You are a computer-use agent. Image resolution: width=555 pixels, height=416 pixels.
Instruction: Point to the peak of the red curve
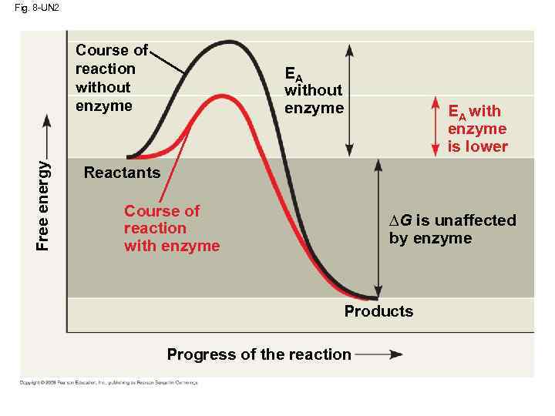pyautogui.click(x=222, y=96)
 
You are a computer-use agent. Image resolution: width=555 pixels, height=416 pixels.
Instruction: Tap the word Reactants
pyautogui.click(x=122, y=173)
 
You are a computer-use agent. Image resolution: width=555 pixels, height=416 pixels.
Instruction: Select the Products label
pyautogui.click(x=378, y=311)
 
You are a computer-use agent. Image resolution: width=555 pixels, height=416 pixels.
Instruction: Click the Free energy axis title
pyautogui.click(x=43, y=205)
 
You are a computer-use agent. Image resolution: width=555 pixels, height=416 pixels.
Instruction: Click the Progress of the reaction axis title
pyautogui.click(x=259, y=354)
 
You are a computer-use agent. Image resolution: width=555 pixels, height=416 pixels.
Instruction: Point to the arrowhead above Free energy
pyautogui.click(x=46, y=119)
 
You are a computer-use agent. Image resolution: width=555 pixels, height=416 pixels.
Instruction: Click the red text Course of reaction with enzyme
pyautogui.click(x=171, y=228)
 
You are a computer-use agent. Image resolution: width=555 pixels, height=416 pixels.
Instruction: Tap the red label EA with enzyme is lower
pyautogui.click(x=477, y=129)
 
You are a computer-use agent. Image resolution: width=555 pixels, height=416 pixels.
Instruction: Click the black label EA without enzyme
pyautogui.click(x=313, y=91)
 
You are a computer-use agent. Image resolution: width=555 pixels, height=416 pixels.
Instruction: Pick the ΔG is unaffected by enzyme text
pyautogui.click(x=452, y=229)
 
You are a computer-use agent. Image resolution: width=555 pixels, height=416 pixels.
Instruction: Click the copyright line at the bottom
pyautogui.click(x=109, y=383)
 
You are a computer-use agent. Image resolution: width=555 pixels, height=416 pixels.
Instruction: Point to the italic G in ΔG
pyautogui.click(x=405, y=220)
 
